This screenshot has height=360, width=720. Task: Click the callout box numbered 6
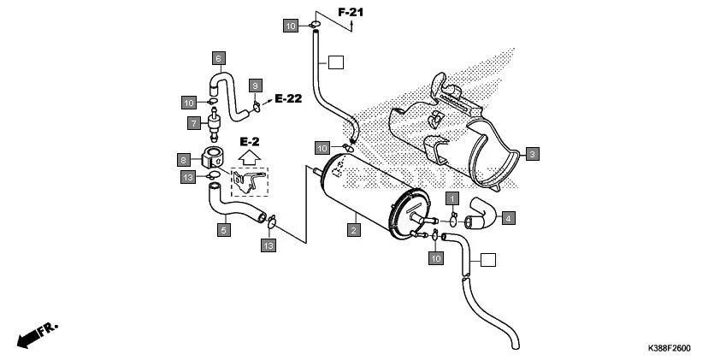point(218,57)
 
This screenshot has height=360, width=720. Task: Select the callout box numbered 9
point(255,85)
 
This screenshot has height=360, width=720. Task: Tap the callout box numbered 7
point(194,123)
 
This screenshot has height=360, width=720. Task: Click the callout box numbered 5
point(223,229)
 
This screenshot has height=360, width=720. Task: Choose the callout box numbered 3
point(532,154)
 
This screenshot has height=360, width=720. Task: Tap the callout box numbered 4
point(508,218)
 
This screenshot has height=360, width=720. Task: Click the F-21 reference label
point(351,12)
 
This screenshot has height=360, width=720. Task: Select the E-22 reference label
point(288,99)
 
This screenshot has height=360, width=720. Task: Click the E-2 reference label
point(250,141)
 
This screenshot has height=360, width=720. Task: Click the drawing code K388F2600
point(669,349)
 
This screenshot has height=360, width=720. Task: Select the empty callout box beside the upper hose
point(336,62)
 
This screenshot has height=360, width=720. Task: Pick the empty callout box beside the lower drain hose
point(487,260)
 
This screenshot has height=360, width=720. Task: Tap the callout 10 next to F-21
point(292,27)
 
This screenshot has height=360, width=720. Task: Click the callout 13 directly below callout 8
point(188,177)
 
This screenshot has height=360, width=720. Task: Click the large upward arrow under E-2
point(250,158)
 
